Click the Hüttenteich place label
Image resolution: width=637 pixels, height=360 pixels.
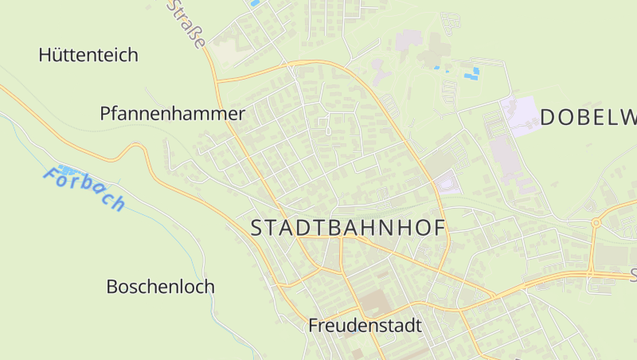pyautogui.click(x=88, y=55)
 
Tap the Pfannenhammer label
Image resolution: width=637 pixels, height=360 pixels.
pyautogui.click(x=172, y=113)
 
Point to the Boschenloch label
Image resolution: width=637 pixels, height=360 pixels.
pyautogui.click(x=160, y=287)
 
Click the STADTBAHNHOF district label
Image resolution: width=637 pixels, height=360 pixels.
pyautogui.click(x=348, y=228)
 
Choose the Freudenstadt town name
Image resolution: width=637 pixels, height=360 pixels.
pyautogui.click(x=365, y=326)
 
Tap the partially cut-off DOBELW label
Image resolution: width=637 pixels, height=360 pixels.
pyautogui.click(x=588, y=117)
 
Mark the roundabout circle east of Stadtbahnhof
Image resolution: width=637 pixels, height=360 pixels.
pyautogui.click(x=595, y=223)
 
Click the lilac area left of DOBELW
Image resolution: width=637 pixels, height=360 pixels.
pyautogui.click(x=522, y=115)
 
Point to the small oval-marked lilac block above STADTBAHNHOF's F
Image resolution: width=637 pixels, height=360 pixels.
pyautogui.click(x=447, y=185)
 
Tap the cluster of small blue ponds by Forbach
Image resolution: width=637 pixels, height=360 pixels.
pyautogui.click(x=67, y=170)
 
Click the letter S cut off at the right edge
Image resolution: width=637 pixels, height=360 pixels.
pyautogui.click(x=633, y=276)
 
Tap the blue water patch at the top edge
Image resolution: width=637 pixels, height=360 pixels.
pyautogui.click(x=255, y=3)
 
